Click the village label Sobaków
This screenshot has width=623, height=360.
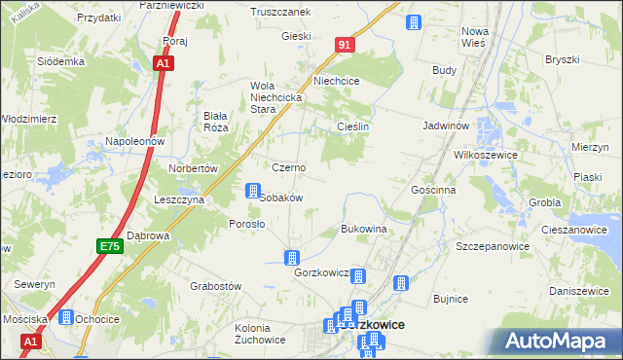282,198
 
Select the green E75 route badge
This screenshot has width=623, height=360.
109,248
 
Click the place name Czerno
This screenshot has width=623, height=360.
288,167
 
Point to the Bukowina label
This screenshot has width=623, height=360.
364,229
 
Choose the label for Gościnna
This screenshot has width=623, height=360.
433,190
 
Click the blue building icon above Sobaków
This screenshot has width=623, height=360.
253,191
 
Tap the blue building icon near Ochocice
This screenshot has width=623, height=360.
66,317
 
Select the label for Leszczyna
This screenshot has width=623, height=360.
178,198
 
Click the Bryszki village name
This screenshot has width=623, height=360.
562,60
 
